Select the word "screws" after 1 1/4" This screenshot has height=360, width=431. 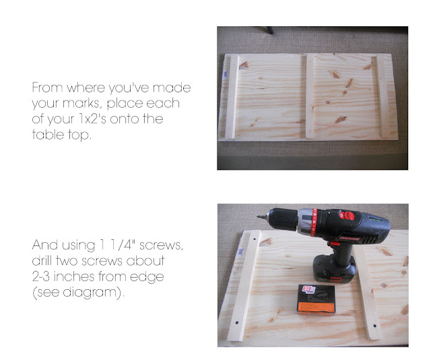[161, 245]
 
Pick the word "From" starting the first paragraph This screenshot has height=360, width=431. [47, 88]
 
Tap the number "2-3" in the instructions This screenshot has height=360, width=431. [41, 276]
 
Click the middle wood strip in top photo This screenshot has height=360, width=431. [310, 96]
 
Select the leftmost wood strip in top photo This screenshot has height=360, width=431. [232, 96]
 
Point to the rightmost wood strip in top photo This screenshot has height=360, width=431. [383, 96]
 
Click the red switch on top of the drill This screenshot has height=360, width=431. [347, 216]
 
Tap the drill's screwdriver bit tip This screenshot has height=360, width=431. [258, 217]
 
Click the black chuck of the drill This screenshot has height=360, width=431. [283, 219]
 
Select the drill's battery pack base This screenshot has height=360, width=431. [334, 268]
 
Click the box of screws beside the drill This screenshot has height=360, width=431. [317, 299]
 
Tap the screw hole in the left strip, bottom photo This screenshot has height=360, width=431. [237, 322]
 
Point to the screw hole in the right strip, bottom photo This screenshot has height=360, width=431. [374, 326]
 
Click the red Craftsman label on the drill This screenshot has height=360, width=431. [350, 239]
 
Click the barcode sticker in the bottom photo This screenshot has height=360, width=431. [241, 251]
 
